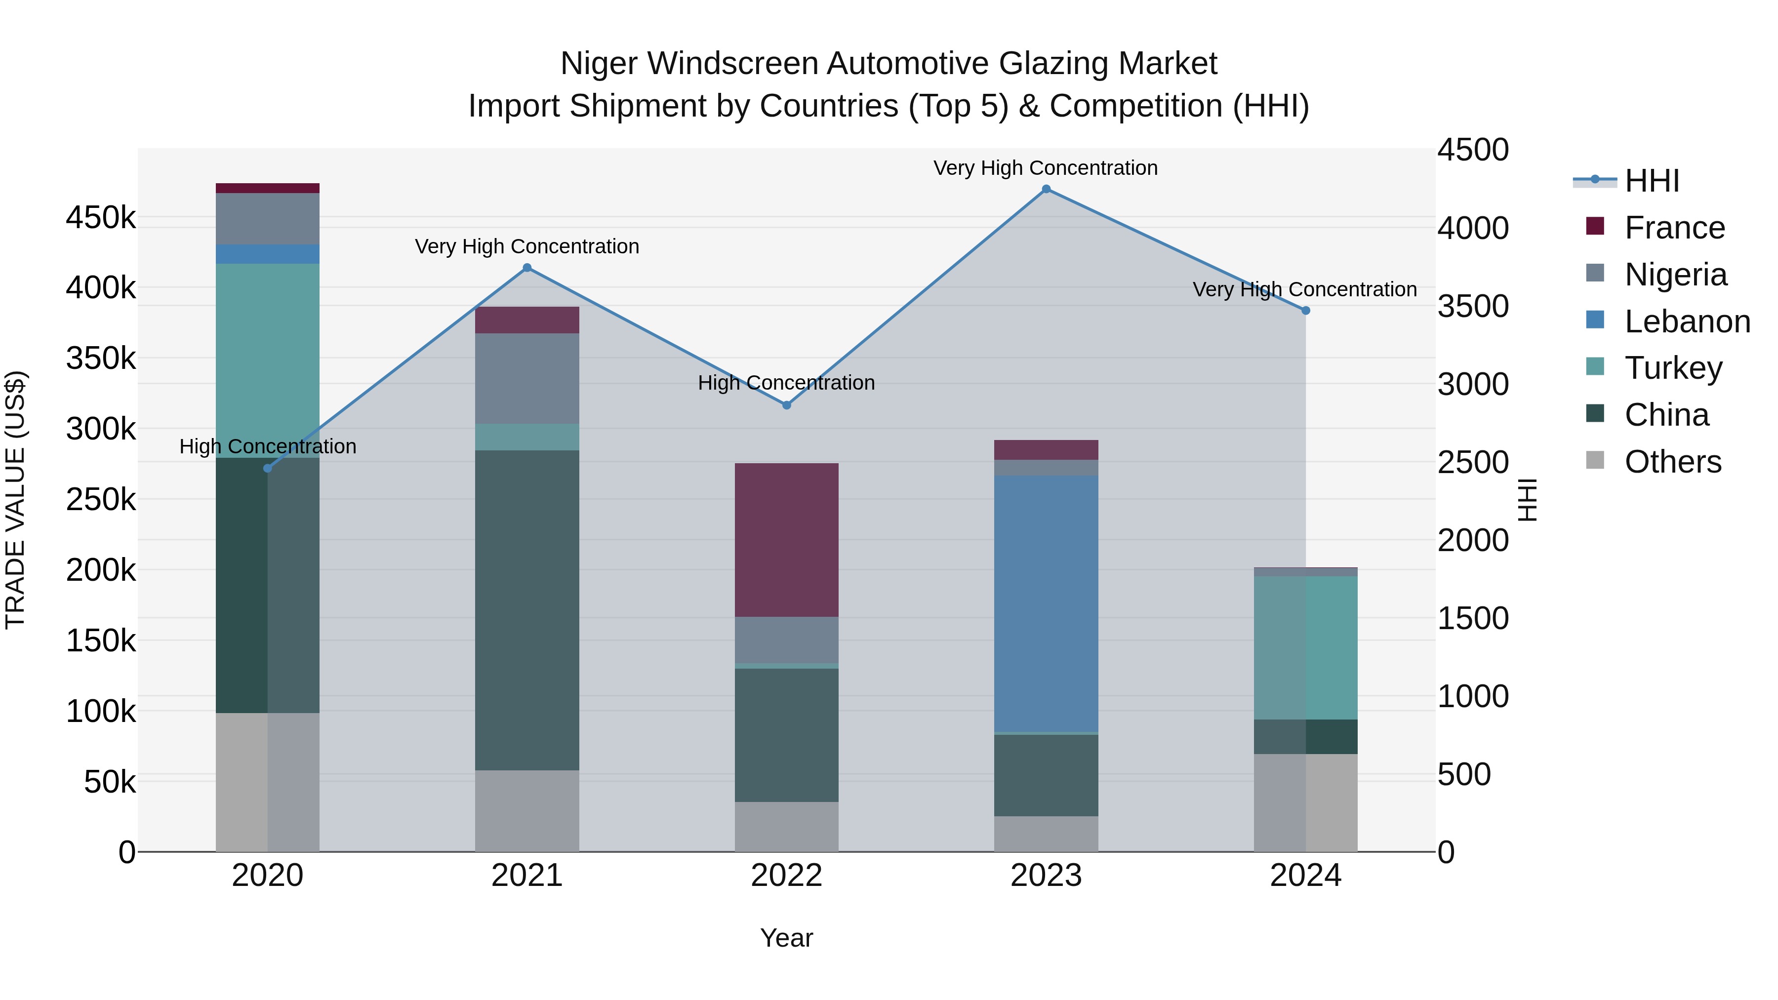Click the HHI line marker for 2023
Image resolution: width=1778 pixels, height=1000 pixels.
(x=1046, y=189)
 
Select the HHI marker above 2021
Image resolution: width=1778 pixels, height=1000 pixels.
(x=527, y=268)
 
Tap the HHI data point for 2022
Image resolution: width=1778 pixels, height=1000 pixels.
(x=786, y=405)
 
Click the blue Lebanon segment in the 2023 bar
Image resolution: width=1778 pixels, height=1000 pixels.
(x=1046, y=604)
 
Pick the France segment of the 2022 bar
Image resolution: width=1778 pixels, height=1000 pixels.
(x=786, y=540)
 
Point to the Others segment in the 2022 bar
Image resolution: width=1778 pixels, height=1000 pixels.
(x=786, y=826)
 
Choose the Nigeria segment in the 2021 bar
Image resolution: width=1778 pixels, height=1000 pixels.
(x=527, y=378)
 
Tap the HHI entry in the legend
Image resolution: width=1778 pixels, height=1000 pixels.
(x=1651, y=181)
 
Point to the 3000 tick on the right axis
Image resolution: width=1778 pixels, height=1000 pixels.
(x=1473, y=384)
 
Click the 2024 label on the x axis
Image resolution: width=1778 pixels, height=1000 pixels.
(x=1305, y=876)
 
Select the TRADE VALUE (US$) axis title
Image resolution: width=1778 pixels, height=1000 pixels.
(x=15, y=500)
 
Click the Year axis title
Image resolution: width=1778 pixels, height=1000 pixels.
(x=786, y=938)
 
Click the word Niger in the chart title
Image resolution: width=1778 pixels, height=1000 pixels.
(x=598, y=64)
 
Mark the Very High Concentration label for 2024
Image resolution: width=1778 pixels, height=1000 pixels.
(x=1304, y=289)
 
